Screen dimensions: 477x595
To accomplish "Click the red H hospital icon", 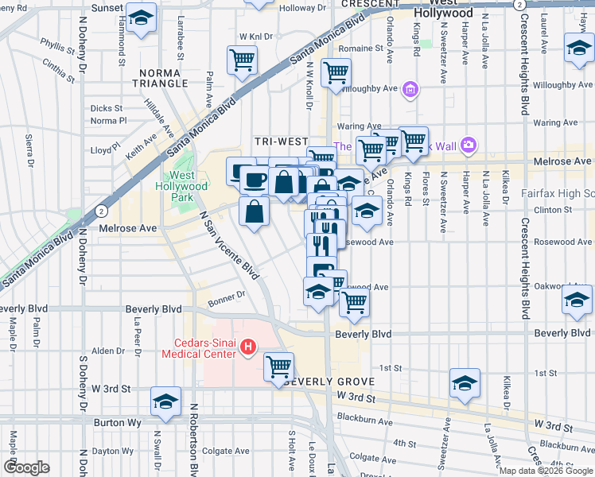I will pyautogui.click(x=247, y=347).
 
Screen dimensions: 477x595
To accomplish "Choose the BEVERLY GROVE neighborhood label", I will pyautogui.click(x=319, y=382).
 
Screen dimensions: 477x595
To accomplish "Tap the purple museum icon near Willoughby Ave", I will pyautogui.click(x=410, y=88).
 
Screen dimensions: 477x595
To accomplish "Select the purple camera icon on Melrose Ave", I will pyautogui.click(x=469, y=145).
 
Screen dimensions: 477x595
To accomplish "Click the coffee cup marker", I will pyautogui.click(x=255, y=179).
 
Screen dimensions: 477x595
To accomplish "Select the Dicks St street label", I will pyautogui.click(x=106, y=108).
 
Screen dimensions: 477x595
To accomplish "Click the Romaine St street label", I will pyautogui.click(x=356, y=48).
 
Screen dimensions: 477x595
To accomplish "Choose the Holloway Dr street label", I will pyautogui.click(x=297, y=9).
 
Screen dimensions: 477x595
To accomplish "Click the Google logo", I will pyautogui.click(x=26, y=467).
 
